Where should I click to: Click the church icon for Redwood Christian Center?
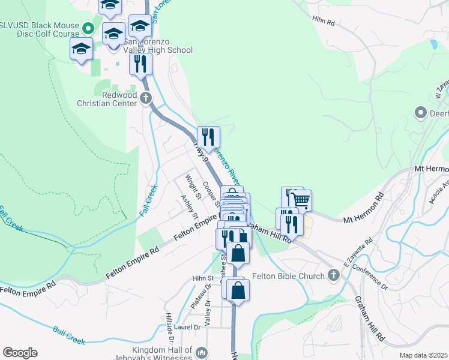pos(145,97)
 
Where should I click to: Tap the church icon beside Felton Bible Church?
pos(334,276)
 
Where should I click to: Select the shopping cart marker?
pos(301,200)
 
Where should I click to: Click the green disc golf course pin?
pos(88,28)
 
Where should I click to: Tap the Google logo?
pos(20,352)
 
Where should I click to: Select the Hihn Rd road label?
pos(323,20)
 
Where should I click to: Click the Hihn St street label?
pos(203,278)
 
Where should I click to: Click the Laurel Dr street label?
pos(188,328)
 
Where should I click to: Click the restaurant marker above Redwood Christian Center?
pos(140,64)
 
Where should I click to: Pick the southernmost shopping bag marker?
pos(238,290)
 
